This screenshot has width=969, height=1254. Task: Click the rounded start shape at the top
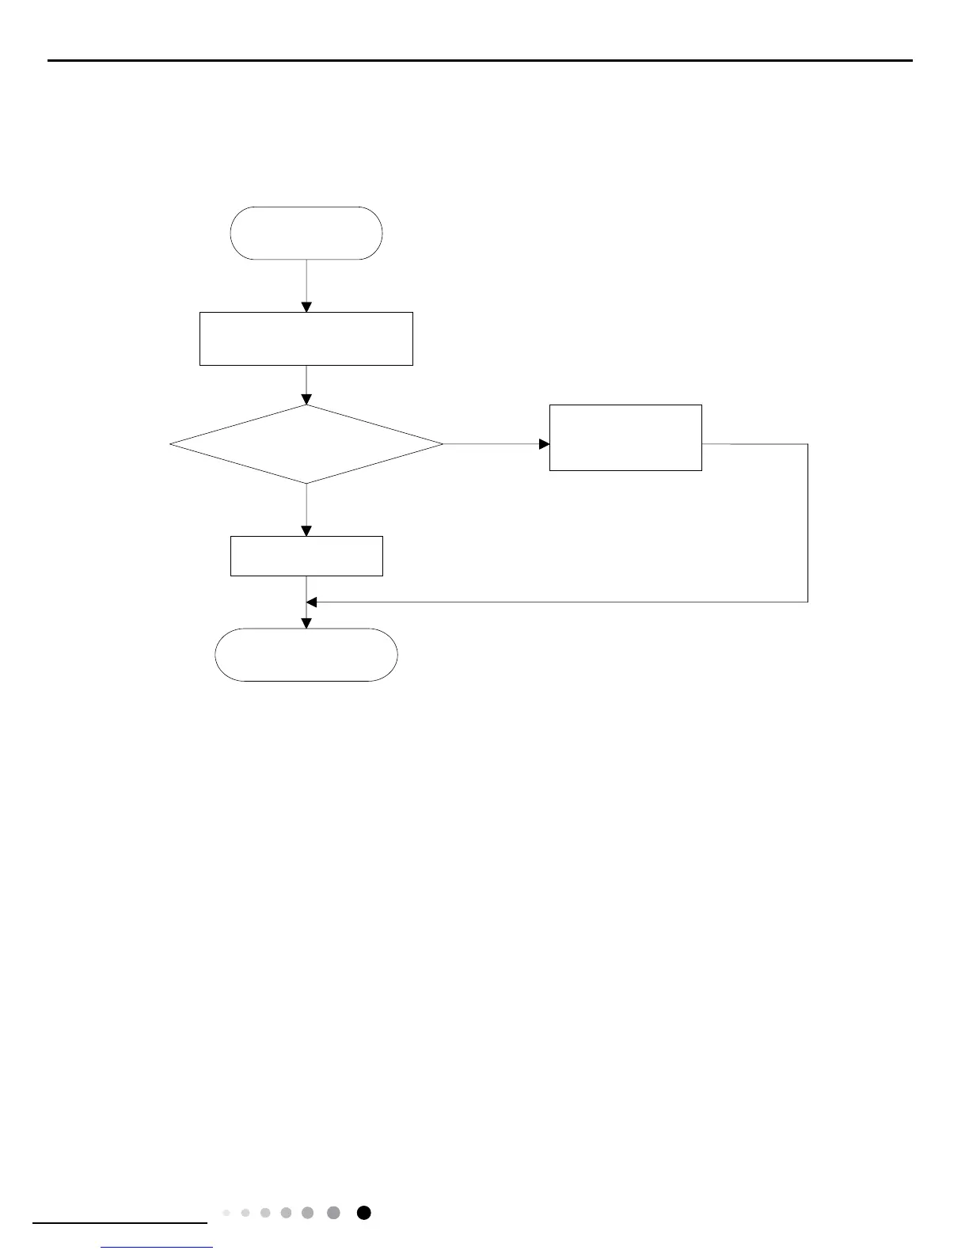(x=306, y=233)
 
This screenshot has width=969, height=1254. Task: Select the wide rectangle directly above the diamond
(x=306, y=339)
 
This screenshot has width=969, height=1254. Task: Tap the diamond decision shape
(x=306, y=444)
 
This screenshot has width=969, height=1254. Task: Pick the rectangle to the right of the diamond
(x=625, y=438)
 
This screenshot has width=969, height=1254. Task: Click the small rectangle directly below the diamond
(x=306, y=556)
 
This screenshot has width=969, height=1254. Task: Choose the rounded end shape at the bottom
(x=306, y=655)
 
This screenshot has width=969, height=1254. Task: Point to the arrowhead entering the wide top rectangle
(x=306, y=307)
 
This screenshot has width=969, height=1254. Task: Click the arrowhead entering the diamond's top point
(x=306, y=400)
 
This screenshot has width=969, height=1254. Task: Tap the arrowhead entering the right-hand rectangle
(x=544, y=444)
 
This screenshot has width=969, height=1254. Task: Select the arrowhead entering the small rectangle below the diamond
(x=306, y=530)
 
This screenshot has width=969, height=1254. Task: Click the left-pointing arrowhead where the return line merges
(x=312, y=602)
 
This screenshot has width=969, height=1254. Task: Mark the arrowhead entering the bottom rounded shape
(x=306, y=623)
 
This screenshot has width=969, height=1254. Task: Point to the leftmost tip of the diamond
(x=171, y=444)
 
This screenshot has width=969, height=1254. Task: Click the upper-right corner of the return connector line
(x=807, y=444)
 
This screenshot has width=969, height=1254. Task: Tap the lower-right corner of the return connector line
(x=807, y=602)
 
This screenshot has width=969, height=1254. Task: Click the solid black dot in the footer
(x=363, y=1213)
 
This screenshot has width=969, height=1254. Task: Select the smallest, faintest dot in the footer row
(x=226, y=1213)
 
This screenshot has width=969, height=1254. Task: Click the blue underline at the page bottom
(x=158, y=1248)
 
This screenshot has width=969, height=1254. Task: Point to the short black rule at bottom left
(x=120, y=1223)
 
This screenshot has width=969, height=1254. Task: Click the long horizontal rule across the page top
(x=480, y=60)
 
